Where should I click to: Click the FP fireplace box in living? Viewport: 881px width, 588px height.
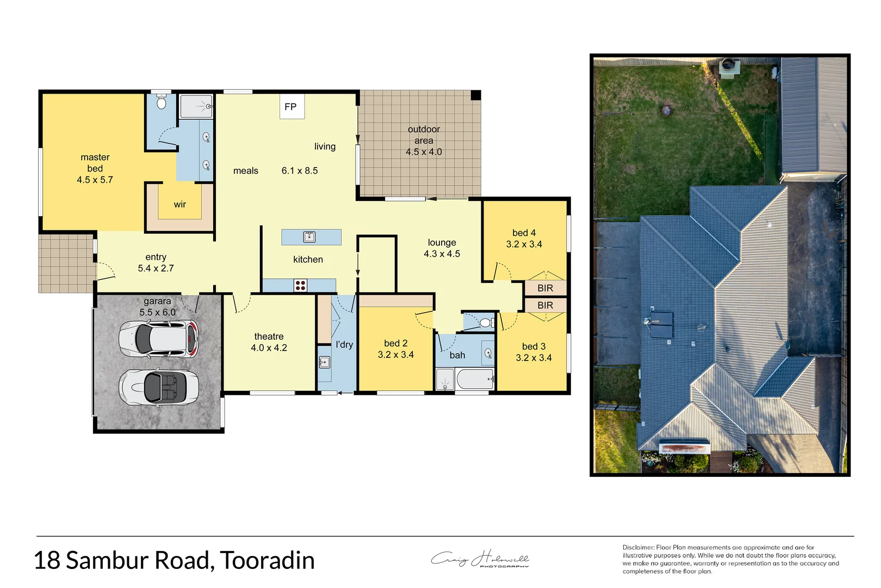point(291,107)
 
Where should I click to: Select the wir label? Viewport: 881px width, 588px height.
point(180,205)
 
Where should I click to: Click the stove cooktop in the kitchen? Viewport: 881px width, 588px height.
point(300,285)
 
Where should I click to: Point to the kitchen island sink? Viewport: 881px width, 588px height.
point(309,237)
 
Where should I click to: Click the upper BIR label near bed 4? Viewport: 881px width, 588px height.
point(545,288)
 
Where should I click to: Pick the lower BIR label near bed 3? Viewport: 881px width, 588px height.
point(545,305)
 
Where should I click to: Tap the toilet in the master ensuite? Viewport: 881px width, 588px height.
point(161,102)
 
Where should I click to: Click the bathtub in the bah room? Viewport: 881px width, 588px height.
point(475,379)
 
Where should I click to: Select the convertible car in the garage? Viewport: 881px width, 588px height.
point(159,387)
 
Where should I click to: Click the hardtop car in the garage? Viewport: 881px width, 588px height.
point(159,339)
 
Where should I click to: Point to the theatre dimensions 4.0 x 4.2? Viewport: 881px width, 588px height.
point(269,348)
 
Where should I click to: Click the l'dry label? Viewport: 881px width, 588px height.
point(344,345)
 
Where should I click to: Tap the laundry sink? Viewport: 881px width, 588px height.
point(324,362)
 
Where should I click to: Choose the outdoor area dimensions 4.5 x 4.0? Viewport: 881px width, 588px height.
point(424,152)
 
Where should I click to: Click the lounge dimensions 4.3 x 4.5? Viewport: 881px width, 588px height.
point(442,254)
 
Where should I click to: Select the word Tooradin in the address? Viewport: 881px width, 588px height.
point(268,560)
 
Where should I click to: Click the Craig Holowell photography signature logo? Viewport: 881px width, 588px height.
point(480,559)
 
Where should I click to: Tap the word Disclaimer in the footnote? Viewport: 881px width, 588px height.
point(638,547)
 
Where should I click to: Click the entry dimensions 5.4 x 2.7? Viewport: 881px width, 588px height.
point(156,268)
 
